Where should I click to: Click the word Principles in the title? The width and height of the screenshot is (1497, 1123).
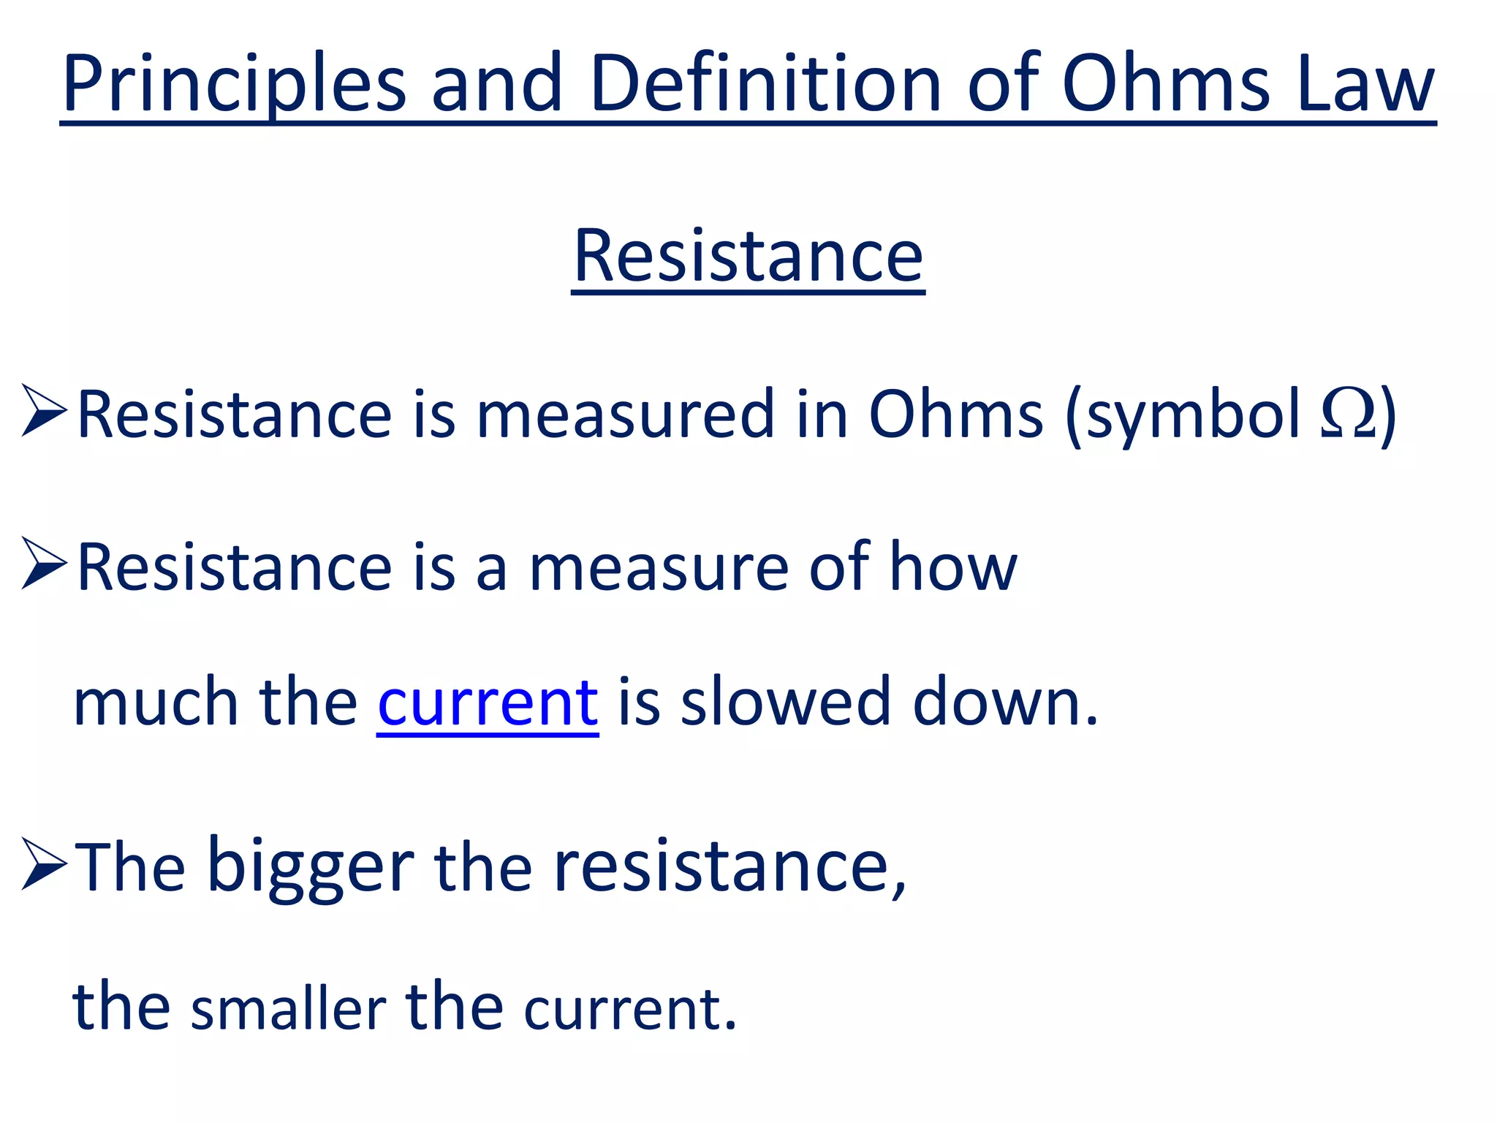234,84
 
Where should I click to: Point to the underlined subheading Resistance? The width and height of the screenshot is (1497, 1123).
748,256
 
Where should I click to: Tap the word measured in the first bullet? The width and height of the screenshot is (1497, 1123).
625,414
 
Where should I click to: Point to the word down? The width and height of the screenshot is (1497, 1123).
1005,702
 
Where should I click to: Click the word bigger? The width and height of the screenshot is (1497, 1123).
311,866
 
